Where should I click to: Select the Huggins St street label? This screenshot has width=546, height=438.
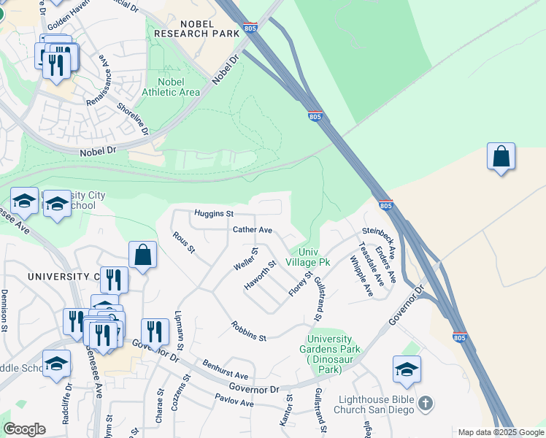click(x=213, y=214)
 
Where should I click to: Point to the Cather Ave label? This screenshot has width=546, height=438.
click(x=252, y=230)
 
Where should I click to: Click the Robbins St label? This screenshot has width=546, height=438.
click(x=249, y=331)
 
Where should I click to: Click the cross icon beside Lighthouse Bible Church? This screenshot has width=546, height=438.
click(x=426, y=403)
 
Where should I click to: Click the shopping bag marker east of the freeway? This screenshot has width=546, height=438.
click(x=501, y=157)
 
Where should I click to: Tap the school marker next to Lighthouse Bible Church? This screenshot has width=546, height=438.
click(x=407, y=369)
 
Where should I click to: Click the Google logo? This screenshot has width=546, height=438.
click(x=24, y=429)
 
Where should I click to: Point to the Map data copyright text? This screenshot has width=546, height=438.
click(x=501, y=432)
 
